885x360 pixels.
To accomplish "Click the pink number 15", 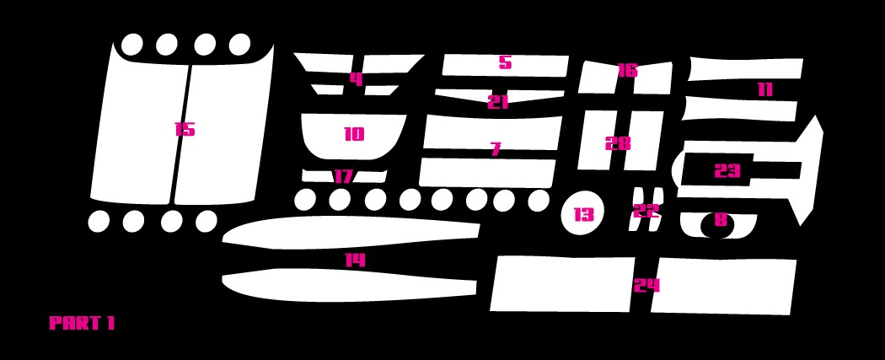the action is tap(185, 129).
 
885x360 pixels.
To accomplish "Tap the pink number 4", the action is tap(357, 79).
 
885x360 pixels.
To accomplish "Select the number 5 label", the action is tap(505, 62).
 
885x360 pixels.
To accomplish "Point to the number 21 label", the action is tap(498, 102).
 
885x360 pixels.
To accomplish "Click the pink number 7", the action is tap(496, 149).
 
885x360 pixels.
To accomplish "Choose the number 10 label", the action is tap(354, 134).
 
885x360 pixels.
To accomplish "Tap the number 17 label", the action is tap(343, 176).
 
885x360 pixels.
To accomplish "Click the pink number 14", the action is tap(355, 261).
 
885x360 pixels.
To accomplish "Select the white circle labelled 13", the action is tap(583, 214).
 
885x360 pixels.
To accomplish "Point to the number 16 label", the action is tap(627, 71).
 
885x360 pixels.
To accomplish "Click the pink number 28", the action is tap(618, 143).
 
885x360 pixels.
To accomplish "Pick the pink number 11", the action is tap(764, 89).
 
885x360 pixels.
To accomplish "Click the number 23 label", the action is tap(727, 170).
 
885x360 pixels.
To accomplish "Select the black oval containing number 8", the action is tap(718, 226).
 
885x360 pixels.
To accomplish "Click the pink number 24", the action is tap(646, 286).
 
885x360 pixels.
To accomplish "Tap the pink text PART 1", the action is tap(82, 323).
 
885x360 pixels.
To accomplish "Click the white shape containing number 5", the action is tap(505, 66).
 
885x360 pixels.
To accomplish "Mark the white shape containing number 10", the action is tap(353, 134).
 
